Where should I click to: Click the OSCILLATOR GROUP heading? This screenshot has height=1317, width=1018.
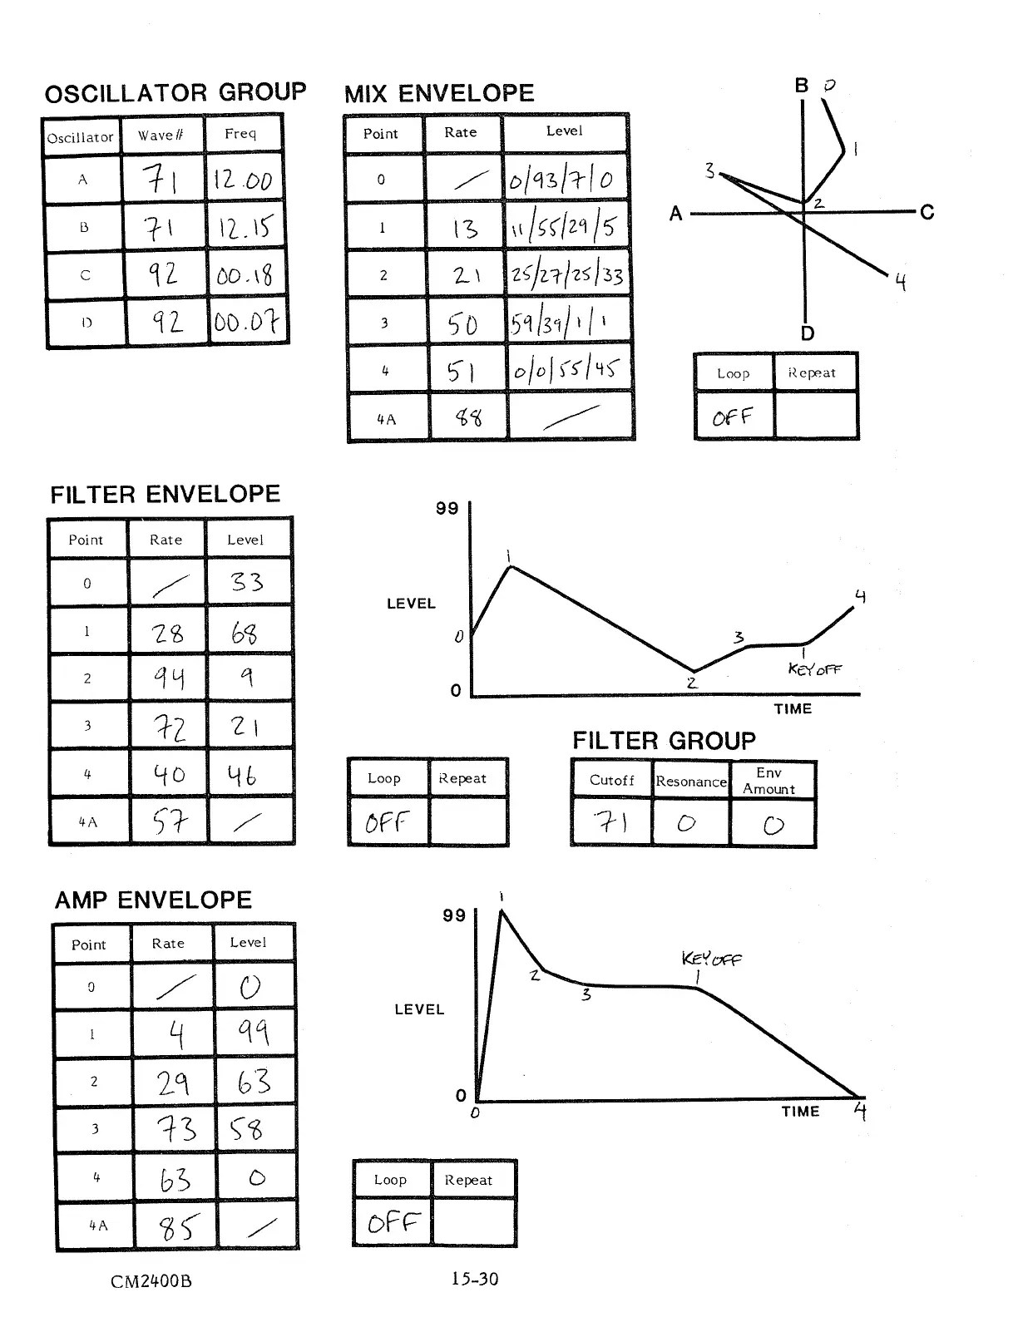pyautogui.click(x=175, y=93)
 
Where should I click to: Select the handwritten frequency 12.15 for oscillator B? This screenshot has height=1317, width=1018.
pyautogui.click(x=245, y=228)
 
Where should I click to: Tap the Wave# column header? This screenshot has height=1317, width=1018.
pyautogui.click(x=161, y=136)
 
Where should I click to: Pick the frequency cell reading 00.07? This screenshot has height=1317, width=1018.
pyautogui.click(x=246, y=322)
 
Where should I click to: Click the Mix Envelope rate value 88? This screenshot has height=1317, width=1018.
pyautogui.click(x=468, y=417)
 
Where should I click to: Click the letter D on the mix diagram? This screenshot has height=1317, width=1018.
pyautogui.click(x=808, y=334)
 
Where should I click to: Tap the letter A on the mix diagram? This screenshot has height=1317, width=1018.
pyautogui.click(x=676, y=215)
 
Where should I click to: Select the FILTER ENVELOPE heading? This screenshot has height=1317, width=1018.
pyautogui.click(x=165, y=496)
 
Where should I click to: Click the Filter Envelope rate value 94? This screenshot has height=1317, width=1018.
pyautogui.click(x=168, y=679)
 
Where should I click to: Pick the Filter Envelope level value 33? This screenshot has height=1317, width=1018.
pyautogui.click(x=247, y=581)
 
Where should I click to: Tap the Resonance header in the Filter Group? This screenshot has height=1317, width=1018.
pyautogui.click(x=691, y=782)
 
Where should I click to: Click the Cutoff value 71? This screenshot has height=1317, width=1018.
pyautogui.click(x=611, y=822)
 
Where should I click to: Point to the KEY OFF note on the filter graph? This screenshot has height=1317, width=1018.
pyautogui.click(x=814, y=668)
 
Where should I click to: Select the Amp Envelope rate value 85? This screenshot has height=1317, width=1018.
pyautogui.click(x=176, y=1226)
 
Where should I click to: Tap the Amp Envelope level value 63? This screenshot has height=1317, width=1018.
pyautogui.click(x=254, y=1081)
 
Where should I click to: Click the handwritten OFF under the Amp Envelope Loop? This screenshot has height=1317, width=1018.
pyautogui.click(x=393, y=1221)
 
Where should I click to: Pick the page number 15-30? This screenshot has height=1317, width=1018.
pyautogui.click(x=475, y=1279)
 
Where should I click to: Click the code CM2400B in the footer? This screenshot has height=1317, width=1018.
pyautogui.click(x=151, y=1281)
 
